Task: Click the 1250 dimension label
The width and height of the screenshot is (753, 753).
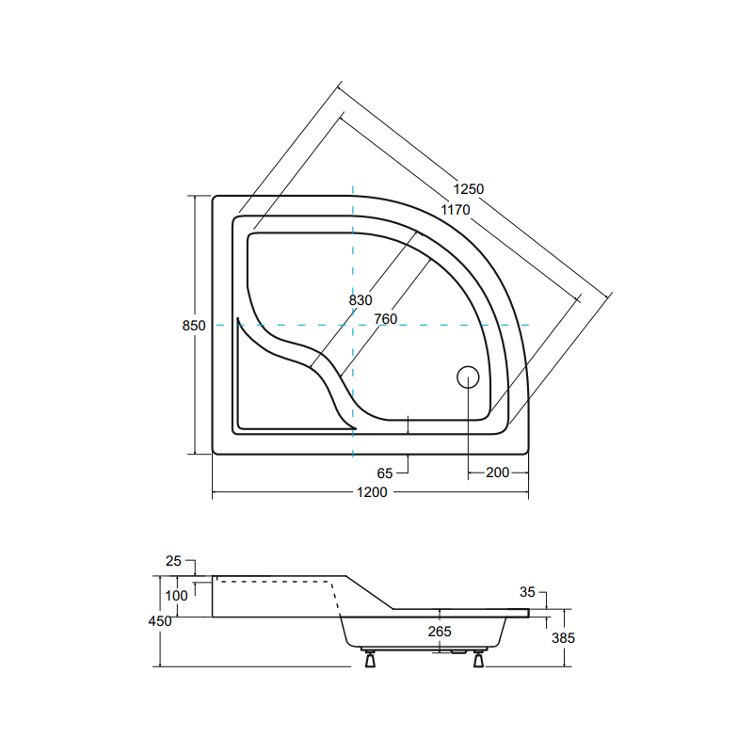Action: click(x=468, y=189)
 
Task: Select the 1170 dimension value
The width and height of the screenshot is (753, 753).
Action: click(x=455, y=210)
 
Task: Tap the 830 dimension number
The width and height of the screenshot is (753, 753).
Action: click(x=360, y=300)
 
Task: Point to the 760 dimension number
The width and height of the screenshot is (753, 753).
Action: click(x=385, y=319)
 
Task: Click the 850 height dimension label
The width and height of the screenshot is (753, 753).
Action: click(x=193, y=326)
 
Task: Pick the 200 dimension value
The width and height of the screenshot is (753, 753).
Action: click(x=498, y=472)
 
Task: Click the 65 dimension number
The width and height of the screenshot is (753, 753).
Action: click(x=384, y=473)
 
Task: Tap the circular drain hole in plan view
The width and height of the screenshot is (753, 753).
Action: click(x=468, y=377)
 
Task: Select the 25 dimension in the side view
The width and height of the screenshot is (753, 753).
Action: click(x=173, y=561)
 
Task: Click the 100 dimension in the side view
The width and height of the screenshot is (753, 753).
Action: click(x=176, y=596)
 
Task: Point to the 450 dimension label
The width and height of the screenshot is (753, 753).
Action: click(x=160, y=621)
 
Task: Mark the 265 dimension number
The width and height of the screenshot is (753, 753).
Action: click(x=440, y=631)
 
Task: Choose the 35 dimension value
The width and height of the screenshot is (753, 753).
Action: click(x=527, y=592)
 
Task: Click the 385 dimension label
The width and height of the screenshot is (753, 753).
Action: click(x=562, y=637)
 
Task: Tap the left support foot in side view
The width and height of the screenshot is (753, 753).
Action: click(x=371, y=659)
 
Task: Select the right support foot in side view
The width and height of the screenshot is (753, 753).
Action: click(x=478, y=659)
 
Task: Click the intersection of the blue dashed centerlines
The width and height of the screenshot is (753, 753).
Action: click(x=352, y=325)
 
